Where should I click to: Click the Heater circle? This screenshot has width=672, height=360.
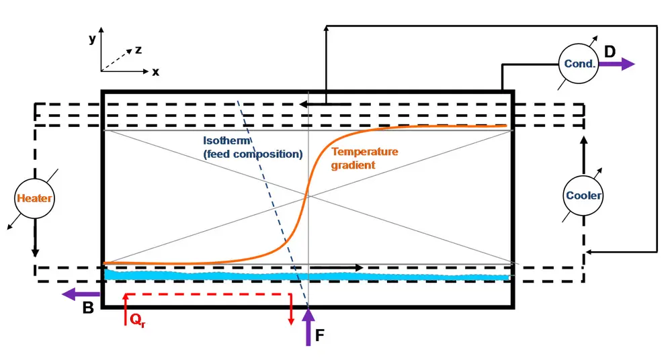[x=34, y=198]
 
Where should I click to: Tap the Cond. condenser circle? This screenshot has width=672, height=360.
[x=579, y=64]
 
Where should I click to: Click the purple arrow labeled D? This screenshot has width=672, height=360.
[x=617, y=64]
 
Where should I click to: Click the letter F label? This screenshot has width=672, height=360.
[x=321, y=334]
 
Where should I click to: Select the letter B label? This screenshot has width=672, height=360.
[x=87, y=308]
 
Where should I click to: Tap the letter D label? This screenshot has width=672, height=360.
[x=610, y=51]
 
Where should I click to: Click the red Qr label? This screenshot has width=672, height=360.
[x=136, y=320]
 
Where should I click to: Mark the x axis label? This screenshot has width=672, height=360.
[x=155, y=72]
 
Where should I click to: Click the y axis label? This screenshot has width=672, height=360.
[x=92, y=39]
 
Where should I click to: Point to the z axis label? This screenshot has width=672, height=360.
[x=138, y=49]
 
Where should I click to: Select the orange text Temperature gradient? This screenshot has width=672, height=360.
[x=364, y=158]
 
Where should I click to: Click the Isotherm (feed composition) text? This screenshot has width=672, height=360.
[x=252, y=148]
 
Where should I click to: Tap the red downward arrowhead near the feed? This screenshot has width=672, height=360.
[x=291, y=320]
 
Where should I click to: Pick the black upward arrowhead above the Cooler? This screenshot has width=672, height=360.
[x=583, y=141]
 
